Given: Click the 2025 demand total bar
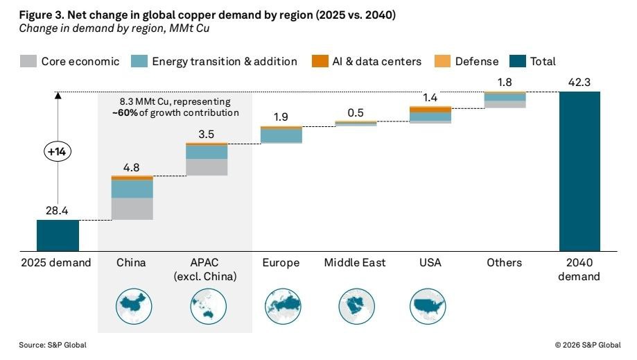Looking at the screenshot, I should (x=58, y=235).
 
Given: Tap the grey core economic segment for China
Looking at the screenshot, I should (x=132, y=209).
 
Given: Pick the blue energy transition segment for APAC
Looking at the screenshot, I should (x=207, y=152).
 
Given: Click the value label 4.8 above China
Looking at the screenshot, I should (x=132, y=167).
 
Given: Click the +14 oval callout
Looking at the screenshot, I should (x=58, y=151).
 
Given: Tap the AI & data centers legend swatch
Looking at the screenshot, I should (x=319, y=61).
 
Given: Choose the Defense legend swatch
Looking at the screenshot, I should (x=442, y=61).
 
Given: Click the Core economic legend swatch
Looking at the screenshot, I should (x=28, y=61).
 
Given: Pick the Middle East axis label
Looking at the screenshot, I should (x=355, y=263).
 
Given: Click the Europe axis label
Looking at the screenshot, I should (x=281, y=263).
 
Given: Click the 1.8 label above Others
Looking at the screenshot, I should (x=505, y=83).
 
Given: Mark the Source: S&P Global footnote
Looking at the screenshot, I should (x=48, y=345).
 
